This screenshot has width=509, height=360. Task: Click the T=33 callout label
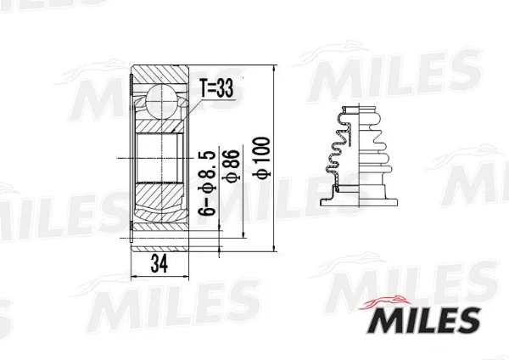pos(216,88)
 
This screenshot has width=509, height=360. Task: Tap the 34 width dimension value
pos(159,264)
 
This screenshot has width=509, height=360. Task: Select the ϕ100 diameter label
pos(261,157)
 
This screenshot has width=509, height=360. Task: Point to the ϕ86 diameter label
pos(232,166)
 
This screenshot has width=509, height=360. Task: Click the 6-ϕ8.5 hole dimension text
pos(207,183)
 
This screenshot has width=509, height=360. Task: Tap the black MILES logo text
pos(424,320)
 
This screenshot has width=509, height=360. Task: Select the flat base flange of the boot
pos(359,202)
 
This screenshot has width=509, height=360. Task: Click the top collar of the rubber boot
pos(360,110)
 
